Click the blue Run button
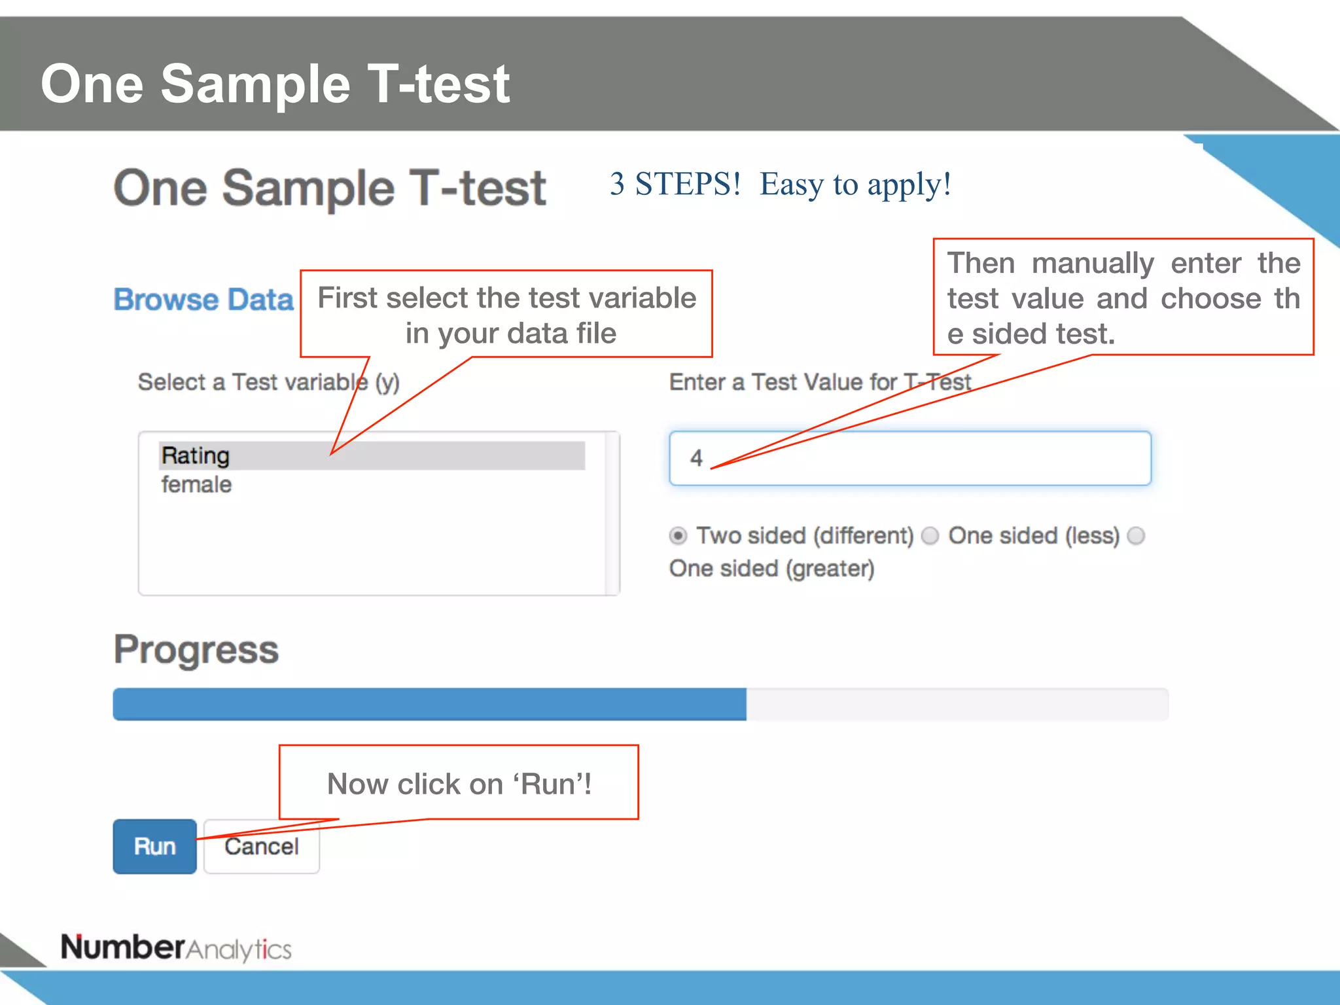(x=154, y=846)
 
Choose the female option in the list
(x=197, y=485)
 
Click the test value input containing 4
(x=909, y=458)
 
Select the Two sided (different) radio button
(x=679, y=536)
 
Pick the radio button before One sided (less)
(x=930, y=536)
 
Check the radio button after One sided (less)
(x=1137, y=536)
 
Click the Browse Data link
(x=203, y=300)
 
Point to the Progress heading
(x=196, y=649)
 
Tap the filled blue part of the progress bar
(x=429, y=704)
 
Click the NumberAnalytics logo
(x=176, y=947)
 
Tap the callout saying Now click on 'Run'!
(x=459, y=783)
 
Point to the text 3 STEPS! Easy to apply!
(x=780, y=184)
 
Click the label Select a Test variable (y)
(x=268, y=382)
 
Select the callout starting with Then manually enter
(x=1123, y=298)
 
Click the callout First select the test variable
(x=506, y=315)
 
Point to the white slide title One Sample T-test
(x=275, y=84)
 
